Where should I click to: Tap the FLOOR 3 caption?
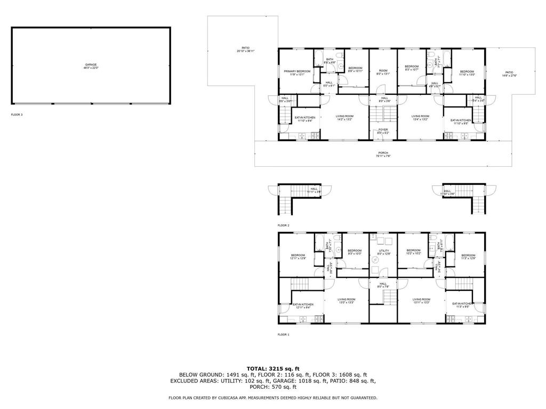[17, 114]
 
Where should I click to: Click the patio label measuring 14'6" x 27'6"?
[509, 73]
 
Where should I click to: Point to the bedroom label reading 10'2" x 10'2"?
[414, 252]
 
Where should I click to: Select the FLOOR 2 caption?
[283, 225]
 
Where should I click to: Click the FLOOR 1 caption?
[283, 334]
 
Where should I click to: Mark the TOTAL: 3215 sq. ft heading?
[273, 369]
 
